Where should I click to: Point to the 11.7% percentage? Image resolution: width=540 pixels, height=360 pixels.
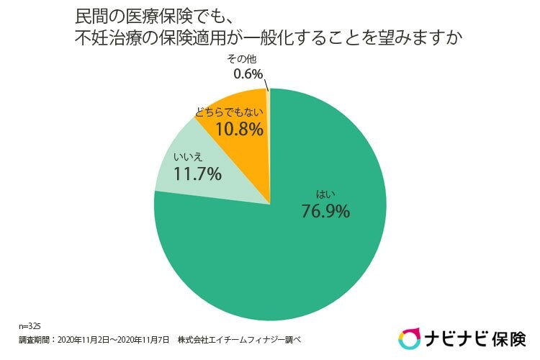(197, 173)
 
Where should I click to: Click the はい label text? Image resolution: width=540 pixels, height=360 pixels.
(325, 193)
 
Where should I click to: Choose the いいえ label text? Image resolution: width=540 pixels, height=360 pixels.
(185, 156)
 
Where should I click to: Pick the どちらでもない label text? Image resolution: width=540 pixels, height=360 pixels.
(228, 113)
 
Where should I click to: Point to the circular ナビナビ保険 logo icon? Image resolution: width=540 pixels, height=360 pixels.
(410, 338)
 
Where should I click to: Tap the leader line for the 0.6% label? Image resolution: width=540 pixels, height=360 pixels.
(266, 84)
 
